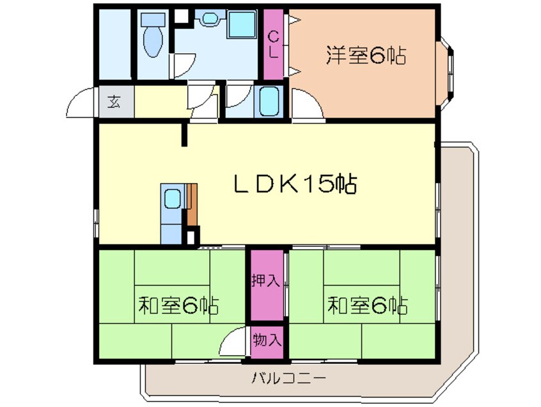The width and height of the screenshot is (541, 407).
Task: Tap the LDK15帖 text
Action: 294,186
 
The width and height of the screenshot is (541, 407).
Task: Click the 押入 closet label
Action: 267,281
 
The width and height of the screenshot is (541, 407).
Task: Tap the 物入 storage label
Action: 267,339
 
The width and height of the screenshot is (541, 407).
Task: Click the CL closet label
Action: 273,44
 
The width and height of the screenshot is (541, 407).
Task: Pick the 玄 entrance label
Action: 114,102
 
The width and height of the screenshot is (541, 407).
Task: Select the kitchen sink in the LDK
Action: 171,200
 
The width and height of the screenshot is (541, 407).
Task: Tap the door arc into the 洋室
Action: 306,104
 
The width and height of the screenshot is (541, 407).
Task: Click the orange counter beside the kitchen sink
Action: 192,203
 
